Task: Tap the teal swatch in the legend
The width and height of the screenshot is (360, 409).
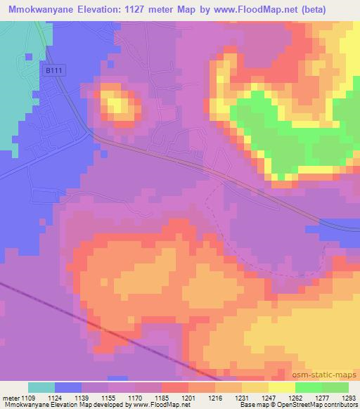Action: tap(41, 387)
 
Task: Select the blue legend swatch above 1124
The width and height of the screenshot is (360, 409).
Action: tap(68, 387)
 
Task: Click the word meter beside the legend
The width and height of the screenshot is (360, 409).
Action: tap(11, 397)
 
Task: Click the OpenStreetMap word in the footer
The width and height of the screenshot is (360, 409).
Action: tap(306, 405)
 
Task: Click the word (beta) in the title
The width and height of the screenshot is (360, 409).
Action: tap(336, 9)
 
